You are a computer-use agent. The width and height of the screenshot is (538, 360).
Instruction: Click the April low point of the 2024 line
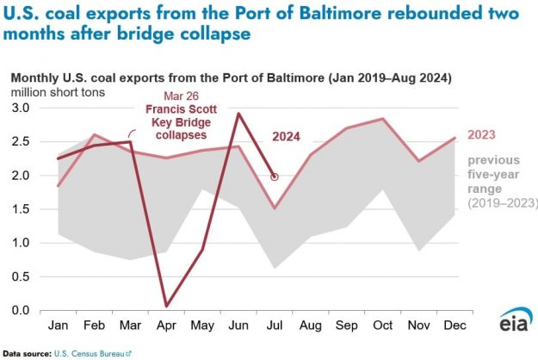click(x=166, y=306)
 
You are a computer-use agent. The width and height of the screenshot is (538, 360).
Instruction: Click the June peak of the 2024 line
click(x=238, y=114)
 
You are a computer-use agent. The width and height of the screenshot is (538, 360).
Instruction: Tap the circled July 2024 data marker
click(x=275, y=177)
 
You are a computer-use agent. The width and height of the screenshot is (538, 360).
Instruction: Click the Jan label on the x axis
click(x=58, y=327)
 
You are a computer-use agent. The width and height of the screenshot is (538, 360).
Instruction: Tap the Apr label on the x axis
click(x=166, y=327)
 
